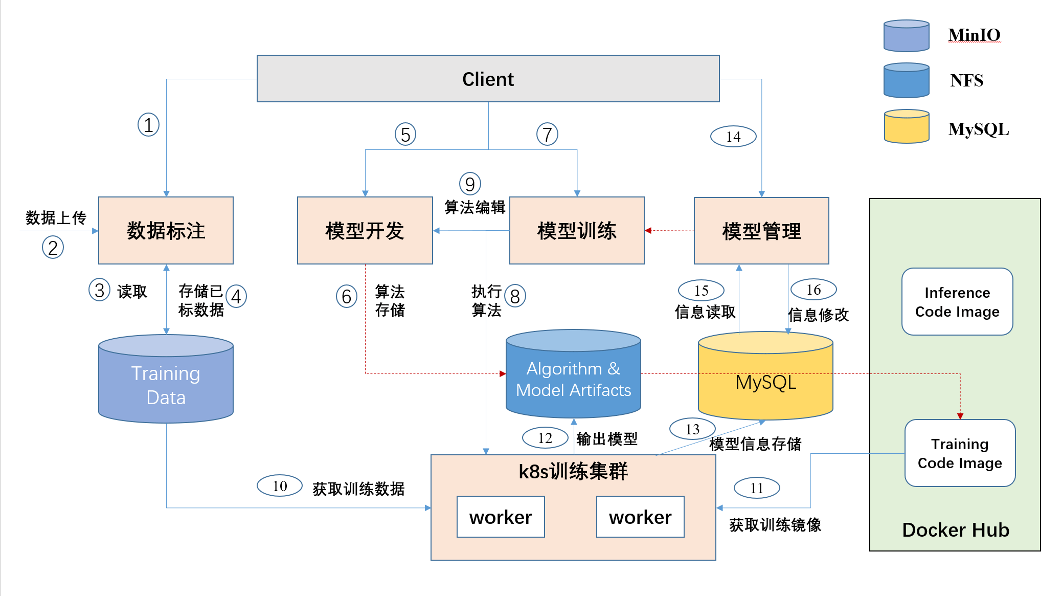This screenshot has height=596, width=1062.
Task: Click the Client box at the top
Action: click(488, 79)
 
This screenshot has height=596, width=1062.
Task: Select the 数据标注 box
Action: click(166, 231)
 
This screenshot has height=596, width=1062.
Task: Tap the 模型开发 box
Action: click(365, 231)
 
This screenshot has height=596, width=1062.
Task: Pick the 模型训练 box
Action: click(577, 231)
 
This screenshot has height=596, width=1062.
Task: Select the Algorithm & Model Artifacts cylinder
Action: click(573, 379)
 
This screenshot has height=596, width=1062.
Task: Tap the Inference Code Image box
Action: click(957, 302)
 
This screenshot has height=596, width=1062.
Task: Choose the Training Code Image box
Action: click(960, 453)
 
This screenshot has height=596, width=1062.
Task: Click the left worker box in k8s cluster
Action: click(501, 517)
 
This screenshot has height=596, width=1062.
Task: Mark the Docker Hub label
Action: click(955, 530)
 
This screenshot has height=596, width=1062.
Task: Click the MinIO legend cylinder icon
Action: click(906, 36)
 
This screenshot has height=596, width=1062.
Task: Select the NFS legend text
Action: click(966, 80)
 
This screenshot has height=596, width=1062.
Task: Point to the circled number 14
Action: click(733, 137)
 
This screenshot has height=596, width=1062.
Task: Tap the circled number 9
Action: click(470, 184)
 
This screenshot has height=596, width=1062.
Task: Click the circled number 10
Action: click(280, 486)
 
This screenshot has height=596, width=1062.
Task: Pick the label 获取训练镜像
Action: click(775, 525)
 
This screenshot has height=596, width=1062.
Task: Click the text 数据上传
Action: click(56, 218)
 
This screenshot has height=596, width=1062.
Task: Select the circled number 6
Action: click(346, 296)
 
